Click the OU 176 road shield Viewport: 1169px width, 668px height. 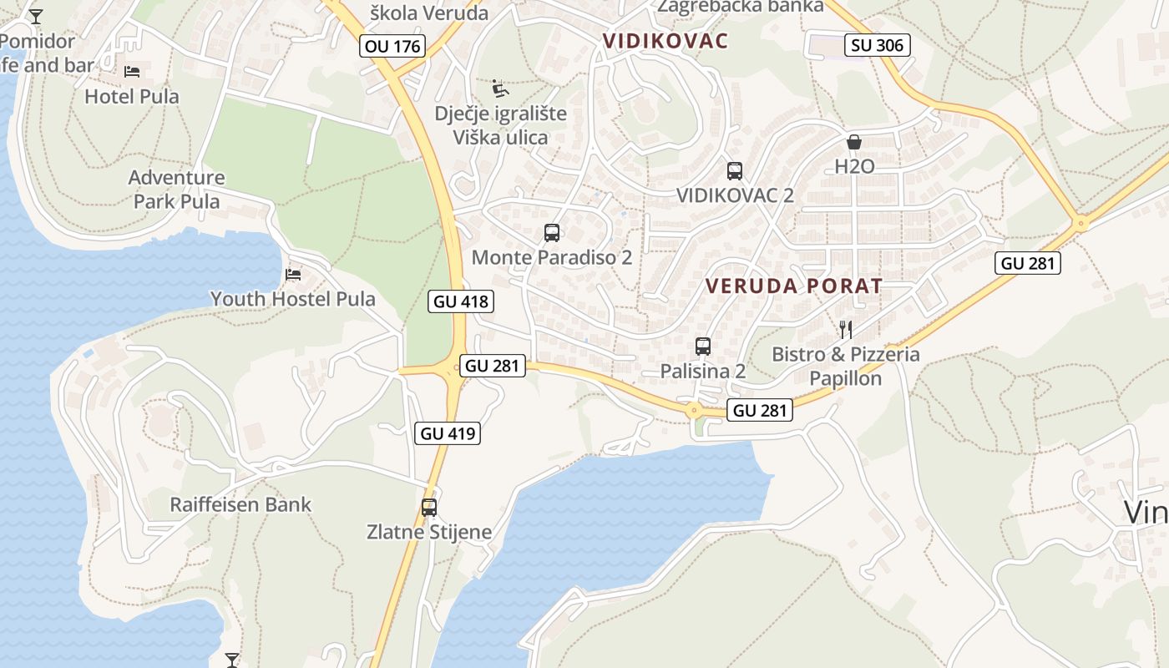(x=393, y=46)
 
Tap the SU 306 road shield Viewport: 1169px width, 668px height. (x=878, y=45)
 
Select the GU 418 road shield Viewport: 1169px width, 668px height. (x=462, y=301)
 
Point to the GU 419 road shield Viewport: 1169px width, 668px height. (x=448, y=433)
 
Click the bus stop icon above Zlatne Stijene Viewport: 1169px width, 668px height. (x=429, y=507)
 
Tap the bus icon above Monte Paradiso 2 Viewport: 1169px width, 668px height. (x=551, y=233)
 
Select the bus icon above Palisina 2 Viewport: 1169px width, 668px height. (x=703, y=346)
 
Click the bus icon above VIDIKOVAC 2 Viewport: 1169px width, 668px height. (x=735, y=171)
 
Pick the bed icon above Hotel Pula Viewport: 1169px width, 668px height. (x=132, y=72)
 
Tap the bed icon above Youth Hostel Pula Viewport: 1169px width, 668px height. (x=293, y=274)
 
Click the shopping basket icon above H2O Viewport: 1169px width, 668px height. (x=854, y=142)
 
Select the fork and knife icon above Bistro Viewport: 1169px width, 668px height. (x=845, y=329)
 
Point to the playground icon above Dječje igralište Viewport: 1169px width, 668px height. (x=500, y=88)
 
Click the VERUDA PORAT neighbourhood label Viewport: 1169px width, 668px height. (x=793, y=286)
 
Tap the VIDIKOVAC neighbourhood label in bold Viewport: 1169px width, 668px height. (x=665, y=40)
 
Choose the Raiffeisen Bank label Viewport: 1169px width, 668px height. (x=240, y=504)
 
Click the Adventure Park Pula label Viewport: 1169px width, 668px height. (x=176, y=190)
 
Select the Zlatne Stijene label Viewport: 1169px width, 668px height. (x=429, y=531)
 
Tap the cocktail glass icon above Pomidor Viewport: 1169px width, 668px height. (x=36, y=16)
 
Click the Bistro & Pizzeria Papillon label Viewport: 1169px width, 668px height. (x=846, y=367)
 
